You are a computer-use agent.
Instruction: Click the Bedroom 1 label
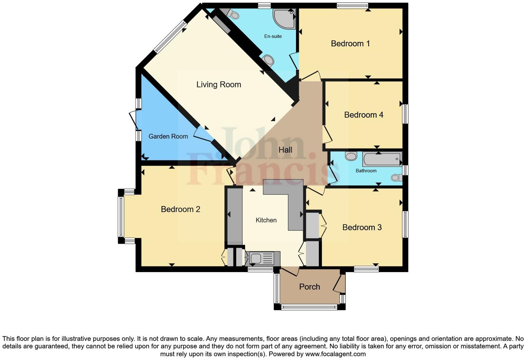tap(350, 44)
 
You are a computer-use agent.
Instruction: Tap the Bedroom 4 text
tap(363, 115)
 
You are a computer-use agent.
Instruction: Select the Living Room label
tap(218, 84)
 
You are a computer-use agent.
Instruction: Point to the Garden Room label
tap(168, 136)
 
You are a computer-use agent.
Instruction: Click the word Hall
tap(285, 150)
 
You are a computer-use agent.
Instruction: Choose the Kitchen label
tap(266, 220)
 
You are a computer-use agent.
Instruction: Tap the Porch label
tap(309, 287)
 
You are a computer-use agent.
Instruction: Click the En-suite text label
tap(273, 36)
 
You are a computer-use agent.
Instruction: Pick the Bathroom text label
tap(366, 171)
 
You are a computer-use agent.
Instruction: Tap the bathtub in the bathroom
tap(382, 159)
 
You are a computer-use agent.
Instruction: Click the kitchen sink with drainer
tap(261, 259)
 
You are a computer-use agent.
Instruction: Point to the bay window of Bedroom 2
tap(121, 216)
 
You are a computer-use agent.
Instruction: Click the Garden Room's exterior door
tap(133, 120)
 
